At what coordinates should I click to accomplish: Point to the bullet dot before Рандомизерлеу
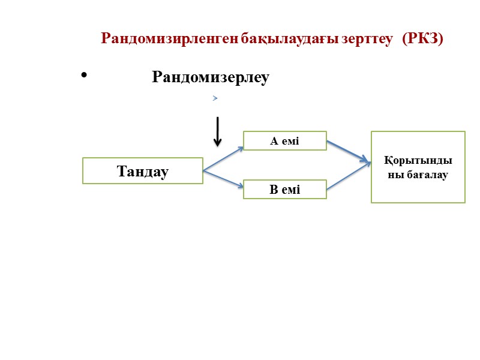[x=83, y=76]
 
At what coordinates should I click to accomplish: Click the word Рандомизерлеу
[x=211, y=77]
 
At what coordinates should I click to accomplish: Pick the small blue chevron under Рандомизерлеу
[x=214, y=97]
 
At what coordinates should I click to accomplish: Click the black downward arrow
[x=217, y=131]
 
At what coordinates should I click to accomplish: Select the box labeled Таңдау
[x=143, y=171]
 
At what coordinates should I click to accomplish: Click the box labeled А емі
[x=284, y=141]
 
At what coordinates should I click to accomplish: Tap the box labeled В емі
[x=284, y=190]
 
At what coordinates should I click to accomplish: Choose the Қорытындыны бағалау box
[x=418, y=167]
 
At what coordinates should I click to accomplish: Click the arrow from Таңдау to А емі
[x=223, y=158]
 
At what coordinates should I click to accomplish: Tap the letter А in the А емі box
[x=274, y=141]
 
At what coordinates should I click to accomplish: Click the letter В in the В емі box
[x=274, y=190]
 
